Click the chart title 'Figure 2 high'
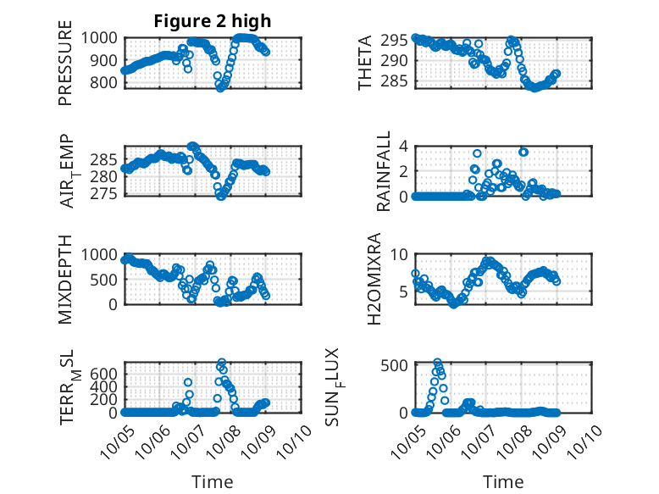tap(212, 21)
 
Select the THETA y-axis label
tap(364, 62)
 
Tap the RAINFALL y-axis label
tap(382, 170)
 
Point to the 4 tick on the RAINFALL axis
tap(404, 146)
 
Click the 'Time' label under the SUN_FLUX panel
tap(503, 481)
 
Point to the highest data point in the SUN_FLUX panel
tap(438, 363)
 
